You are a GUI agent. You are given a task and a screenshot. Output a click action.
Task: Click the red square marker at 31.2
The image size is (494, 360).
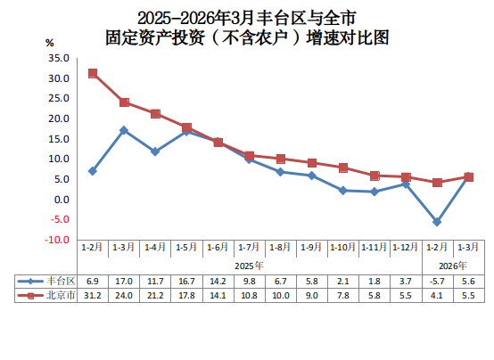coord(93,74)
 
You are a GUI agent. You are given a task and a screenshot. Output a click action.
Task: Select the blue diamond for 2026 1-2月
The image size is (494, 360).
coord(437,222)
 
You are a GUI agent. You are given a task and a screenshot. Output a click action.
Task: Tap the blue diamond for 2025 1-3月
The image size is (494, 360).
coord(124,130)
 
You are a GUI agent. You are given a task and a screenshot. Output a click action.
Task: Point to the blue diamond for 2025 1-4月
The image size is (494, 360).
coord(155,151)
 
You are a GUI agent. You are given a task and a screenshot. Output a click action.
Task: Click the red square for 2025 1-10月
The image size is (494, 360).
coord(343,168)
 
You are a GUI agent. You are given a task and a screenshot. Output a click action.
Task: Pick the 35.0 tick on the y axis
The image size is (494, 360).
coord(59,58)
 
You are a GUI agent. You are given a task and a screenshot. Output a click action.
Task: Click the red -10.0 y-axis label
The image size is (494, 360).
coord(57,240)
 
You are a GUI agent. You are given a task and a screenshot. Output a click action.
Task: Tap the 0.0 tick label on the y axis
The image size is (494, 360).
coord(62,200)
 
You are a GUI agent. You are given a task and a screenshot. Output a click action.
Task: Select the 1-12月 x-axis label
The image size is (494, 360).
coord(406,247)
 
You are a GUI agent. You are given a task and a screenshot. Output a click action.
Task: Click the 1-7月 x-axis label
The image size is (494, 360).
coord(249,247)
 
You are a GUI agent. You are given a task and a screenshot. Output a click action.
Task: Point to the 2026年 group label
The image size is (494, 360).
coord(453,266)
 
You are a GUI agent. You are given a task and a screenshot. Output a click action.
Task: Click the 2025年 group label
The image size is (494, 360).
coord(249,266)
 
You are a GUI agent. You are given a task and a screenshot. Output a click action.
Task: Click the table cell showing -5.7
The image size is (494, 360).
coord(437,281)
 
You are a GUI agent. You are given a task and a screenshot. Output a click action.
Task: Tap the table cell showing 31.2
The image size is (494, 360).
coord(93,296)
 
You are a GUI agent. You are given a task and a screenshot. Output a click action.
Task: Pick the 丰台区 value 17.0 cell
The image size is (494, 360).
coord(124,281)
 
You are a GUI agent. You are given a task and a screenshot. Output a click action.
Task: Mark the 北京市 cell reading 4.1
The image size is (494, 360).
coord(437,296)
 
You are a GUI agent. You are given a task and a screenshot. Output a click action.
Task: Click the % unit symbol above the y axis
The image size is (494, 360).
coord(49,43)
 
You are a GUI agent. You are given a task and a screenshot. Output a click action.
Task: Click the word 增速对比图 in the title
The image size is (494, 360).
coord(348,37)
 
